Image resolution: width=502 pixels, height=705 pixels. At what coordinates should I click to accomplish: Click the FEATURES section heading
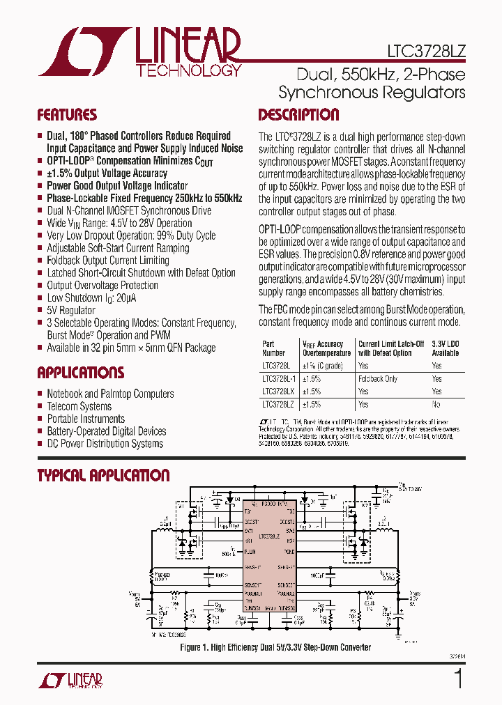[67, 115]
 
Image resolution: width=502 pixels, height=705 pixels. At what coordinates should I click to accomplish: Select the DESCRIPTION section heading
[298, 115]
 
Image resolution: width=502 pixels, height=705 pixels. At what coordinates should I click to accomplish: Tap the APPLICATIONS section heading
[80, 373]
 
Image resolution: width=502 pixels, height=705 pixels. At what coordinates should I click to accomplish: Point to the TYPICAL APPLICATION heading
[103, 476]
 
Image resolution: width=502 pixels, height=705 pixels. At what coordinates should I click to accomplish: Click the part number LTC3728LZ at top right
[426, 52]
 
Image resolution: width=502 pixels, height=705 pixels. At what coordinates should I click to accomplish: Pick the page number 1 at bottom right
[458, 679]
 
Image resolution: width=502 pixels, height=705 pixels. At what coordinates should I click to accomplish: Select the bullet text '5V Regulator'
[70, 310]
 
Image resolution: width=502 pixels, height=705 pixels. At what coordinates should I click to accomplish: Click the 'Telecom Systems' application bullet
[79, 406]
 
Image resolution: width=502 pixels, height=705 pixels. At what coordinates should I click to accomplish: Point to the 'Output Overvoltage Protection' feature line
[102, 285]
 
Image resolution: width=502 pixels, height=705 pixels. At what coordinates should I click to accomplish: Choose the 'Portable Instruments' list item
[86, 419]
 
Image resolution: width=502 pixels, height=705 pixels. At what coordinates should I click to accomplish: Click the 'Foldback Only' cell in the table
[378, 379]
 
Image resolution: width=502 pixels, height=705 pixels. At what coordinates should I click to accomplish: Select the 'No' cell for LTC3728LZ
[436, 404]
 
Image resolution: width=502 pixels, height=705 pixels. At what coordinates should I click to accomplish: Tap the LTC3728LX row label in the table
[277, 392]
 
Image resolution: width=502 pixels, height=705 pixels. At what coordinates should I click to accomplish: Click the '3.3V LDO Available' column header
[446, 348]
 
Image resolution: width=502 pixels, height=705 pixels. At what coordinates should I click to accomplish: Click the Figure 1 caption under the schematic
[275, 647]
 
